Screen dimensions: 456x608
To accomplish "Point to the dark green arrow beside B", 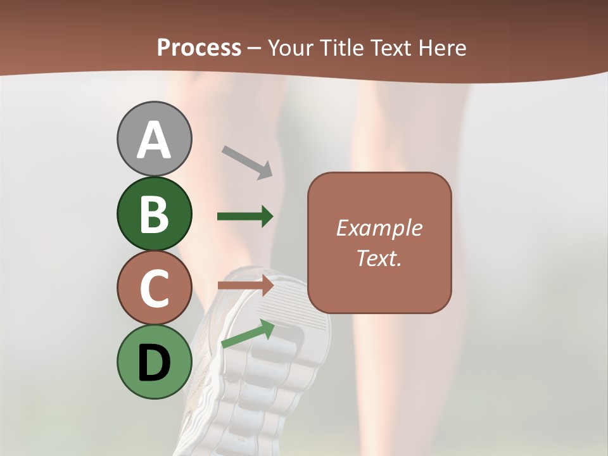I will click(x=245, y=217).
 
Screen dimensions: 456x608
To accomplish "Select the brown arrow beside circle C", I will click(x=245, y=286).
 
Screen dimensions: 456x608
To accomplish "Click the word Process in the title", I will click(x=199, y=47).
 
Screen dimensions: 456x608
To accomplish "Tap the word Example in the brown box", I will click(x=379, y=228).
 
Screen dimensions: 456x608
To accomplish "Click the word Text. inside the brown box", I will click(x=379, y=258).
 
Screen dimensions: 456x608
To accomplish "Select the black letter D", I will click(x=154, y=362).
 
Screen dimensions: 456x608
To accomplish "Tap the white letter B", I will click(x=154, y=214).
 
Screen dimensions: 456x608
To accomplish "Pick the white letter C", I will click(x=154, y=288).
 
